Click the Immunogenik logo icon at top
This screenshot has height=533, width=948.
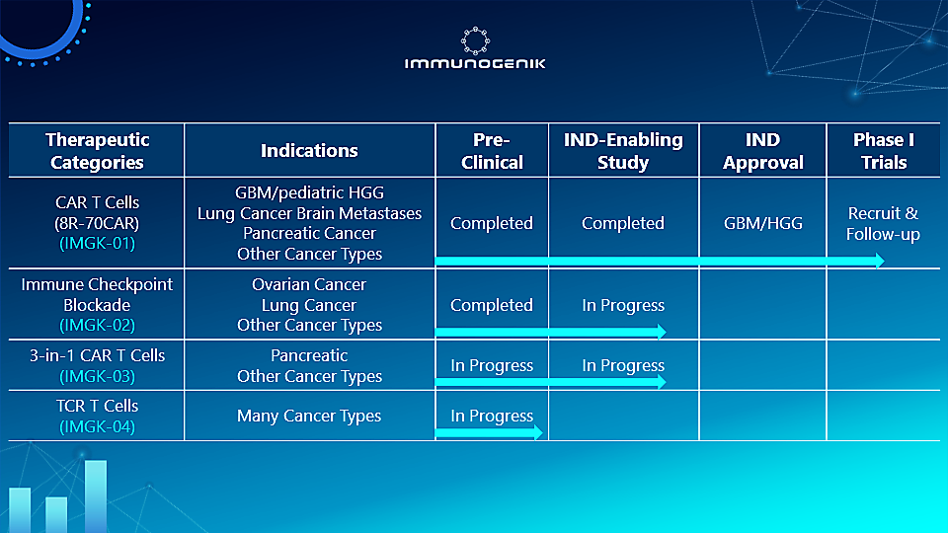475,40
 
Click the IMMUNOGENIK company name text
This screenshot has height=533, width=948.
475,64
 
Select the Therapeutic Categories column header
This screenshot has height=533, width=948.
97,151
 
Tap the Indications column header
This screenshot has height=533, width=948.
309,151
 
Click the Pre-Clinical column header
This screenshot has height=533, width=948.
492,151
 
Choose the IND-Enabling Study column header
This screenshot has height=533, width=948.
623,151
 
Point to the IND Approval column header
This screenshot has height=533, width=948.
762,151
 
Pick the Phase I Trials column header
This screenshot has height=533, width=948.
883,151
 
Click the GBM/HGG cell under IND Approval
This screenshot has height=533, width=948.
762,224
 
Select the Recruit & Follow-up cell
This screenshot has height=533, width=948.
883,224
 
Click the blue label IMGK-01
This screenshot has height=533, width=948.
97,242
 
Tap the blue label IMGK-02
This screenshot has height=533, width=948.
97,325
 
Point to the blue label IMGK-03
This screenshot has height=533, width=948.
97,376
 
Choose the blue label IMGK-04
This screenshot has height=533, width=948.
97,426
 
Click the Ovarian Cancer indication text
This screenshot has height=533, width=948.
309,284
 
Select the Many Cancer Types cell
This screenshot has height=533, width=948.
309,417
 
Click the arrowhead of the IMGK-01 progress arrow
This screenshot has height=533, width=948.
877,261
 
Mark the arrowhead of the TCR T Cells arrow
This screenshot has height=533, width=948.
537,432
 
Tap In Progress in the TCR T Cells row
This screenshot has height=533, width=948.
492,417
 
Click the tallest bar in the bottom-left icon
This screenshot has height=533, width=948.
96,496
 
